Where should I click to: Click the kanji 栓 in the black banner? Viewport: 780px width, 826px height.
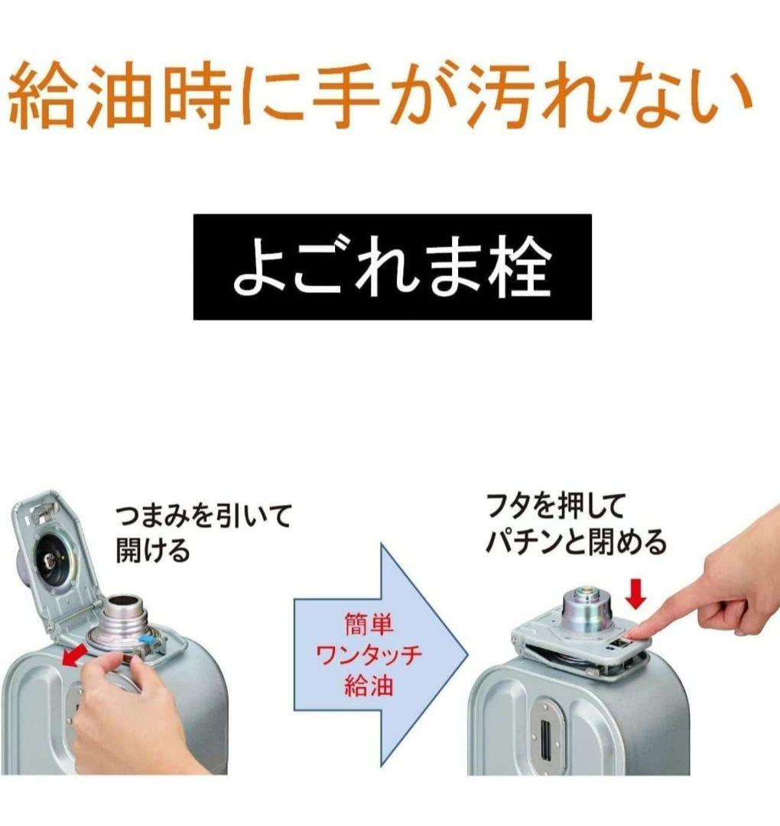tap(519, 268)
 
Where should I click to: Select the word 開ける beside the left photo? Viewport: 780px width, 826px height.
tap(152, 551)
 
